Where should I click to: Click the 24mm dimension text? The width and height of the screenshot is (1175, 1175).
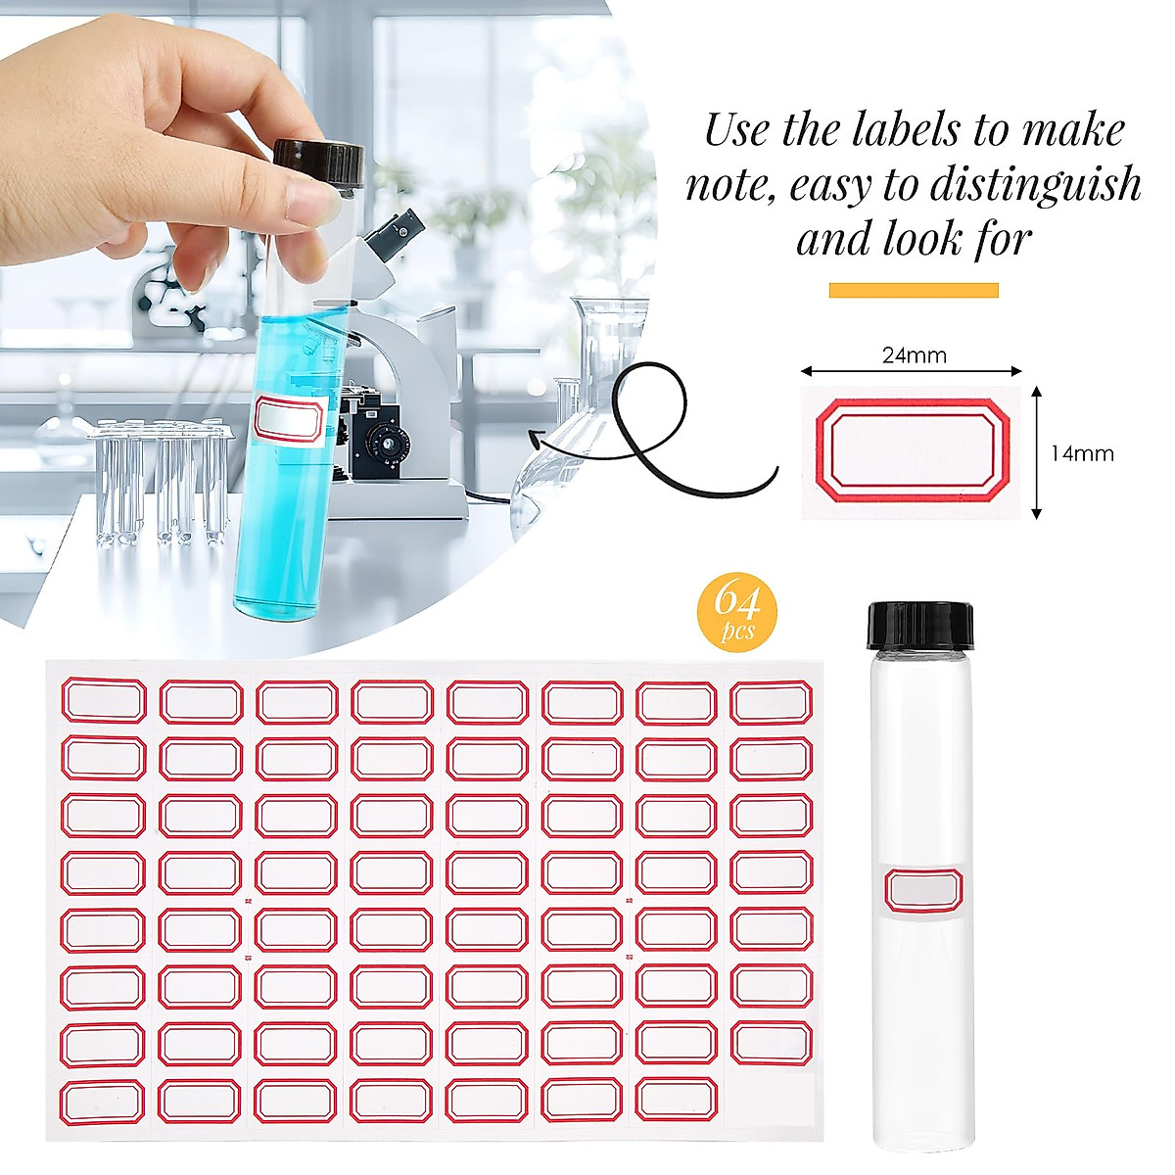(x=914, y=354)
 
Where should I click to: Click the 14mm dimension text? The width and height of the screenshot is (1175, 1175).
(x=1082, y=453)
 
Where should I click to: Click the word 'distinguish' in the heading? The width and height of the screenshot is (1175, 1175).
(x=1042, y=184)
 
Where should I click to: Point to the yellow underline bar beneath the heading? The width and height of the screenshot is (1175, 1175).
(x=914, y=290)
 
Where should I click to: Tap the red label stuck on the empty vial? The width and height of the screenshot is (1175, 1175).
(x=923, y=891)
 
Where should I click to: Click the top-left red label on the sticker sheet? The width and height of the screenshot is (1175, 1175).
(x=104, y=701)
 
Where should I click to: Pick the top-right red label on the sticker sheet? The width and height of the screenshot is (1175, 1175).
(x=771, y=702)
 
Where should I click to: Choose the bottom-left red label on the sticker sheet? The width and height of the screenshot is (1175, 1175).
(x=102, y=1102)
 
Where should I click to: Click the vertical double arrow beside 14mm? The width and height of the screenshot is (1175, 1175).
(x=1037, y=451)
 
